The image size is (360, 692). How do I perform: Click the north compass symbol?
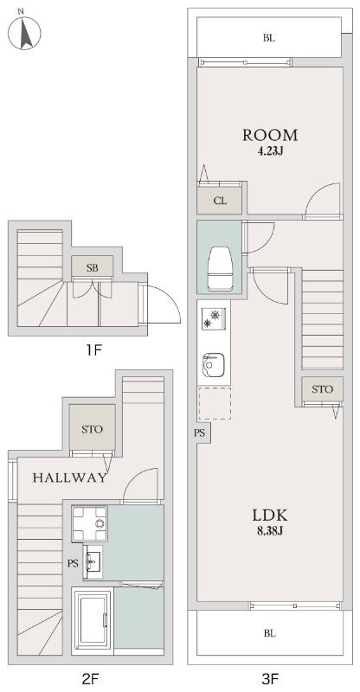24,32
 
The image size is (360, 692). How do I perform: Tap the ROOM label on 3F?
270,135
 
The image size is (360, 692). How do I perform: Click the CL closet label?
220,201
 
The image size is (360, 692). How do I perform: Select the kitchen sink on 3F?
214,364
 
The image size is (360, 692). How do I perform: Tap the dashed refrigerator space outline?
215,403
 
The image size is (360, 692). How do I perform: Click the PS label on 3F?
200,433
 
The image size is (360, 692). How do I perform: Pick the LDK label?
270,515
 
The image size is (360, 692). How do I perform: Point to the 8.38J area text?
270,531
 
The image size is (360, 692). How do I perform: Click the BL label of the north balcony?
269,38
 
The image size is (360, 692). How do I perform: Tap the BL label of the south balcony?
270,634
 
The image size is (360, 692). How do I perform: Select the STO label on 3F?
322,389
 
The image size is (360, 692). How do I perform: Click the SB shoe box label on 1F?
93,267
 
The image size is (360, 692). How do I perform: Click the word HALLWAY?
69,477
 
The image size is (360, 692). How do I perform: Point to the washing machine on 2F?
90,523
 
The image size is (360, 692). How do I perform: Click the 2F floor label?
89,678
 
